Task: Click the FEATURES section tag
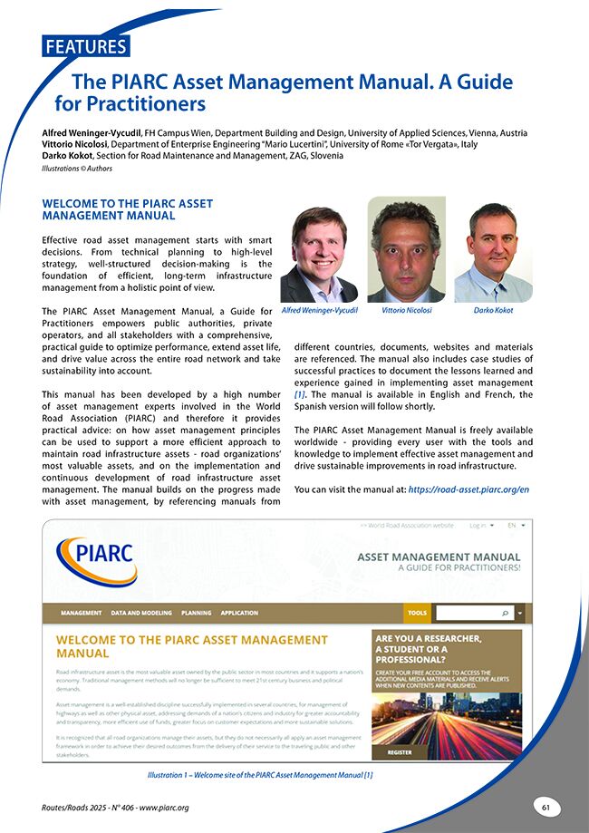85,46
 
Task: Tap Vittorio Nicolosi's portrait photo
406,250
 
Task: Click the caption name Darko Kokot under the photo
493,310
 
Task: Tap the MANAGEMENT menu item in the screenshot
81,613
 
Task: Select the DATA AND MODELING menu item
141,613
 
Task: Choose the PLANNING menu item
196,613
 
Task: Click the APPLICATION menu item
239,613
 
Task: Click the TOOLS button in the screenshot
417,613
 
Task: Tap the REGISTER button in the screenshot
400,752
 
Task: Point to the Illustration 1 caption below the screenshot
259,775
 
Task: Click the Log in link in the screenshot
478,525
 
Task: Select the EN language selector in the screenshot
514,525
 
